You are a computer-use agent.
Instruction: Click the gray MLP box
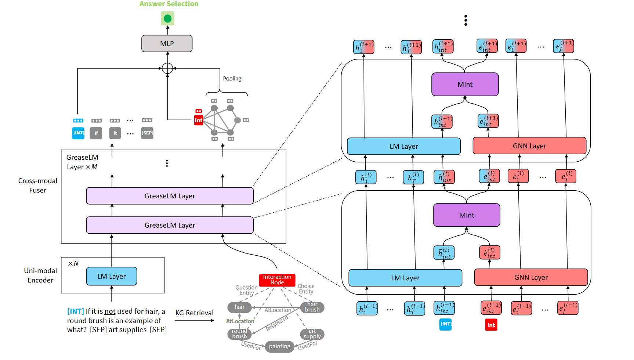(x=167, y=44)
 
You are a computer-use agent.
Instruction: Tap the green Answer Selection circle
(x=168, y=18)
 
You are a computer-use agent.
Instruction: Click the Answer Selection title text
(x=169, y=4)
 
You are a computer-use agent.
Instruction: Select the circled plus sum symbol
(x=167, y=68)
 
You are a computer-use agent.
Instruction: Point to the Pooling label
(x=232, y=79)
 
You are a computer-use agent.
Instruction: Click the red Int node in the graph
(x=199, y=120)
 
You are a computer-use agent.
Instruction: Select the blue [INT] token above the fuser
(x=78, y=133)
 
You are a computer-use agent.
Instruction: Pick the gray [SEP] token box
(x=147, y=133)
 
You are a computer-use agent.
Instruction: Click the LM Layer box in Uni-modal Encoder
(x=112, y=276)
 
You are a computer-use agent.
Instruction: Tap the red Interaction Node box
(x=277, y=280)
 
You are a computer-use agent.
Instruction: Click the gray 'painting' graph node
(x=279, y=346)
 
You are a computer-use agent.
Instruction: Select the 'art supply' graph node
(x=312, y=334)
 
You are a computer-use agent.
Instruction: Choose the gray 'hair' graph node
(x=239, y=307)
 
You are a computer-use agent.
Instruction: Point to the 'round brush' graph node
(x=239, y=334)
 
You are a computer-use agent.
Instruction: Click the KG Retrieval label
(x=194, y=313)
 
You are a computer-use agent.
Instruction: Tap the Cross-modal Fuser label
(x=38, y=186)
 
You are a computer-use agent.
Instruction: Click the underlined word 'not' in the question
(x=110, y=312)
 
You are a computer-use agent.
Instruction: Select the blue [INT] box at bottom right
(x=446, y=324)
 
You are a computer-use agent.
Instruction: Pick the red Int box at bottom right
(x=491, y=325)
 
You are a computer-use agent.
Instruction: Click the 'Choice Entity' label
(x=306, y=289)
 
